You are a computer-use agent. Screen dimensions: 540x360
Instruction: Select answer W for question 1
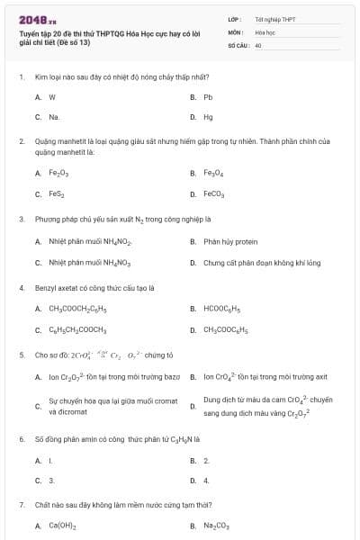point(52,96)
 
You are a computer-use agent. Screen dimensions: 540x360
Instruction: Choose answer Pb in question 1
point(207,96)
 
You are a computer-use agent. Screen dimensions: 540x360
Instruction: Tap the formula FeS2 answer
point(57,193)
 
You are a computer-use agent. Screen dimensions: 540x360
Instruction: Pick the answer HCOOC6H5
point(221,309)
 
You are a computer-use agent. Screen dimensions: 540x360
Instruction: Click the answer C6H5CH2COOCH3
point(77,329)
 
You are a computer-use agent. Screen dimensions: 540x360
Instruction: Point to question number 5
point(21,355)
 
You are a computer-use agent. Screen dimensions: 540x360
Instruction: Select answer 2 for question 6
point(206,460)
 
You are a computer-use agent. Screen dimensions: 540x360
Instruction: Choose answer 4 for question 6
point(206,481)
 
